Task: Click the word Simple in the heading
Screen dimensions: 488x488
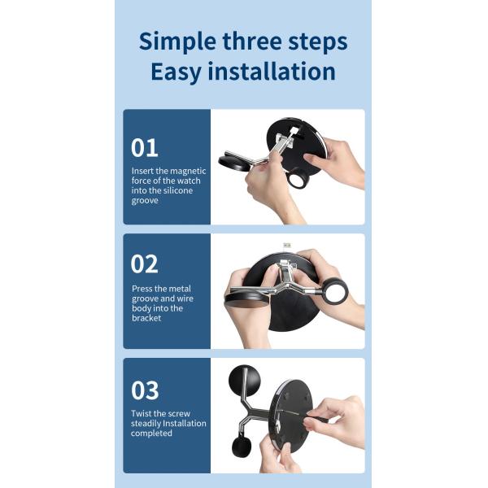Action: (177, 42)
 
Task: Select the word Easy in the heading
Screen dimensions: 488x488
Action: (176, 72)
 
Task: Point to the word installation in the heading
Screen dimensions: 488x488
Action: (272, 71)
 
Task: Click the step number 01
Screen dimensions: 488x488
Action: (145, 148)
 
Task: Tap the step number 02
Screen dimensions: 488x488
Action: (145, 264)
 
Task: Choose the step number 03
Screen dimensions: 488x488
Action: (145, 390)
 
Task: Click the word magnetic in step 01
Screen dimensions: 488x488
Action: (188, 171)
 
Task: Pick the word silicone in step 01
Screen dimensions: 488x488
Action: (175, 190)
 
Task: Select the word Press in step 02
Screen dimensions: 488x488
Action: (142, 289)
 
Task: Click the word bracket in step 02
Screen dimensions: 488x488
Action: (146, 318)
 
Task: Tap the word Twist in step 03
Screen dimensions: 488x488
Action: (142, 413)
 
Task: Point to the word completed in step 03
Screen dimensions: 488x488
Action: (151, 434)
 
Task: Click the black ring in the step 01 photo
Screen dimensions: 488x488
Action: (290, 179)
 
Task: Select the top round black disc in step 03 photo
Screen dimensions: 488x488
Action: (244, 381)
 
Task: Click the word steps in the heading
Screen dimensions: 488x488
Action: (318, 42)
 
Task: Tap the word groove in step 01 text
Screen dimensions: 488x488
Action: (145, 201)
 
